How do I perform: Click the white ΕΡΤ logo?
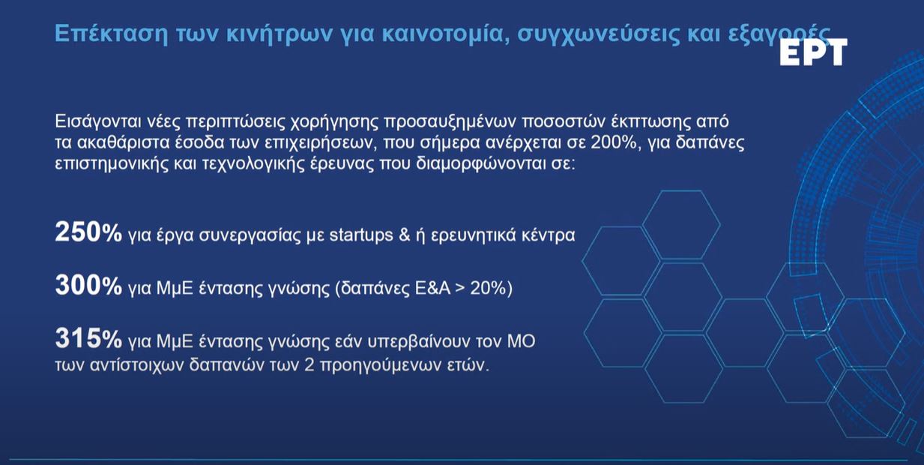coord(813,52)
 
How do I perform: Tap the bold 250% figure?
coord(88,232)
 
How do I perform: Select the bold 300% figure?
coord(88,285)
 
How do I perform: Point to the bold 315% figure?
coord(88,338)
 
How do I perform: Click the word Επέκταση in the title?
coord(112,34)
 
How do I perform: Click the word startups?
coord(361,235)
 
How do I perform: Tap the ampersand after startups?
coord(405,235)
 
